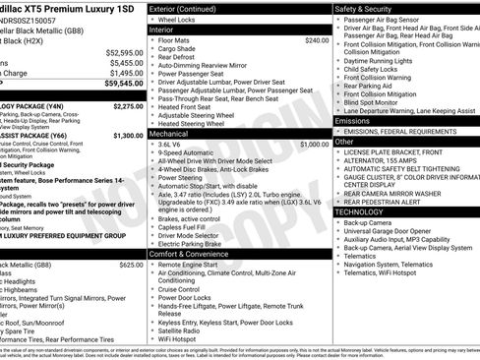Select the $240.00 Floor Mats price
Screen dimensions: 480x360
[317, 40]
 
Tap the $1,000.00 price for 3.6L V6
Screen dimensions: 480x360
[313, 143]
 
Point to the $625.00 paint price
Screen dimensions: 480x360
[131, 265]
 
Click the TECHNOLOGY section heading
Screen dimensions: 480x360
[365, 211]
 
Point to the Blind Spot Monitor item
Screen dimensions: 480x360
[378, 101]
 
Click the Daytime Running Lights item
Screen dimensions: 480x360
[381, 61]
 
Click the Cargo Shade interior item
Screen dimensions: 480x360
[177, 48]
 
